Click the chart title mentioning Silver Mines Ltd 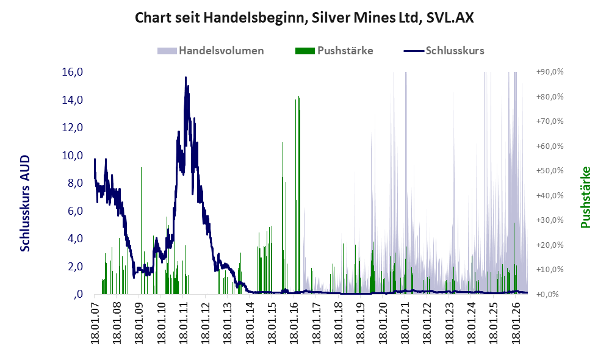click(304, 18)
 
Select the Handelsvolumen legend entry click(211, 51)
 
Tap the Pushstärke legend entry click(334, 51)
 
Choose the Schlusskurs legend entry click(444, 51)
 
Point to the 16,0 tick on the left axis click(73, 72)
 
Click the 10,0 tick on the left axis click(73, 156)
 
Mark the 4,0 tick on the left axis click(75, 239)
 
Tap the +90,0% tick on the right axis click(550, 72)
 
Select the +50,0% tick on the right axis click(550, 171)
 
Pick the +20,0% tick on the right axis click(550, 245)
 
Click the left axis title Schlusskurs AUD click(25, 203)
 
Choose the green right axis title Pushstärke click(586, 197)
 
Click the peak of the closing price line click(186, 77)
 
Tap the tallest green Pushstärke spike click(298, 96)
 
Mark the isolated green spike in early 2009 click(142, 167)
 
